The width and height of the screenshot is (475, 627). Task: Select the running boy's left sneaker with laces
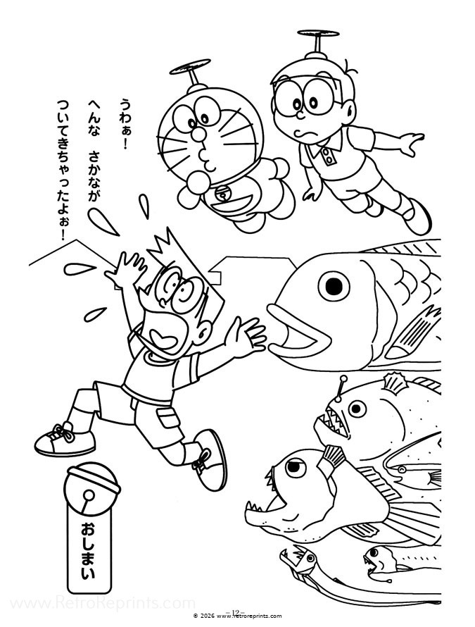[x=65, y=438]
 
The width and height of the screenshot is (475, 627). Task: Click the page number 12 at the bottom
[x=236, y=612]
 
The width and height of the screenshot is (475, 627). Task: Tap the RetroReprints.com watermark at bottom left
[x=99, y=604]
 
